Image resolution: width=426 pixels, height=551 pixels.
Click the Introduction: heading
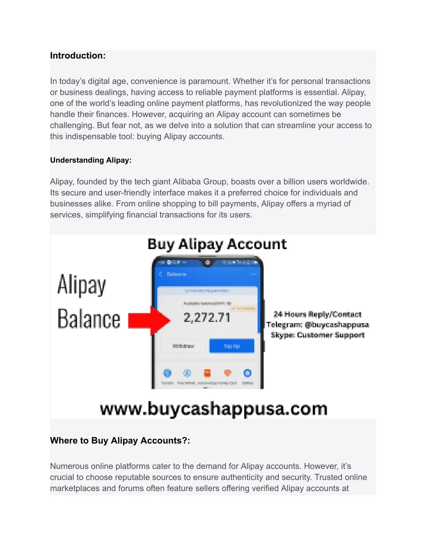pos(78,56)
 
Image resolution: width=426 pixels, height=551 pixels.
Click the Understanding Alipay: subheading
pos(91,160)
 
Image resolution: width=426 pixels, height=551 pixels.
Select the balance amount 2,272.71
pos(207,318)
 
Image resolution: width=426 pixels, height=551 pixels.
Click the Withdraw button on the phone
pos(183,346)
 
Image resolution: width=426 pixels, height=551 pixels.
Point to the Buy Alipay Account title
pos(217,244)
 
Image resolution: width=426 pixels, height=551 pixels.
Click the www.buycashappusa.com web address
pos(213,409)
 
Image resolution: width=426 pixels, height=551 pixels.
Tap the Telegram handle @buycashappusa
pos(337,325)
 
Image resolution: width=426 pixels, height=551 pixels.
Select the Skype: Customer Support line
pos(318,335)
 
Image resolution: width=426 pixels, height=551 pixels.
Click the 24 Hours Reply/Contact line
pos(317,314)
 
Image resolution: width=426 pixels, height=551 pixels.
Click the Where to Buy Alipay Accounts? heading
pos(120,441)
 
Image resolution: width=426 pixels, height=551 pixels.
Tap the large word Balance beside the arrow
pos(89,319)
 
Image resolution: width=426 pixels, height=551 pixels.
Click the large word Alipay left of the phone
pos(82,285)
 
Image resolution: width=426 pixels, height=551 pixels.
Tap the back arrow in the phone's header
pos(161,274)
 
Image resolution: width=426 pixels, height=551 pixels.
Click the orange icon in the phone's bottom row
pos(207,373)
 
